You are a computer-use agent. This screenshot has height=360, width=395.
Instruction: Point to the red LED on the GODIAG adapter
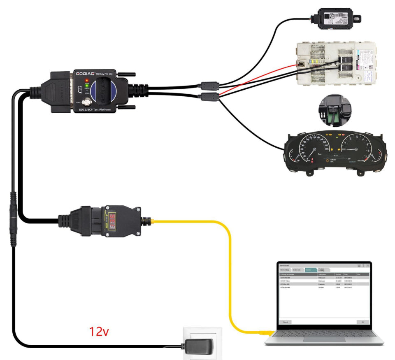87,79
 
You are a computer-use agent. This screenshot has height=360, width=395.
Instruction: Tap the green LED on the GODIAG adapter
87,85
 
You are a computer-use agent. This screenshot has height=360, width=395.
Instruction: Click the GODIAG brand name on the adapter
85,73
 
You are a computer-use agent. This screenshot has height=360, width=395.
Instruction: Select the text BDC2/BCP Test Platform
93,110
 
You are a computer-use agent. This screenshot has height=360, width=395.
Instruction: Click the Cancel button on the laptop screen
284,321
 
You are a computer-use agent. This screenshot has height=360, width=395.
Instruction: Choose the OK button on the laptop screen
362,321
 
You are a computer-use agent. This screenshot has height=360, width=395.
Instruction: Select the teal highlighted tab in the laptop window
310,270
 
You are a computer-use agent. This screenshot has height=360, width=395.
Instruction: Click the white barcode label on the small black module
335,18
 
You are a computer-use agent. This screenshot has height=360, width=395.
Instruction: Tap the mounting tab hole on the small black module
357,19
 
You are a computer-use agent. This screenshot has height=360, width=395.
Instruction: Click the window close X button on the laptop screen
367,265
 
